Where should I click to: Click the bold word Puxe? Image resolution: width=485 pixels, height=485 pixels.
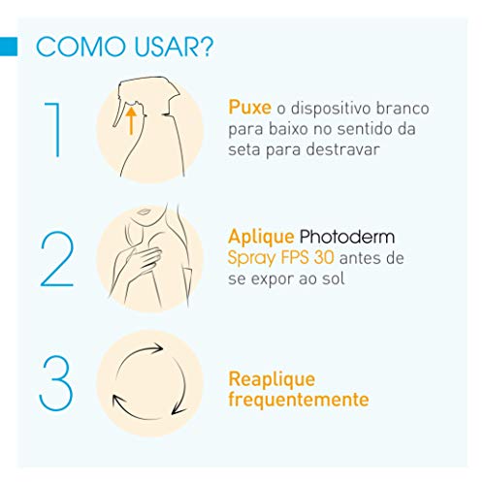(x=248, y=108)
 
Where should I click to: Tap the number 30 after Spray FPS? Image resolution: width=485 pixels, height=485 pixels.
(x=326, y=259)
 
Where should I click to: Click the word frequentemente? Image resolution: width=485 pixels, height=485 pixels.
(x=298, y=399)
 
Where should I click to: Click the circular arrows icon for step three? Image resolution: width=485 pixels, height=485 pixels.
(x=150, y=382)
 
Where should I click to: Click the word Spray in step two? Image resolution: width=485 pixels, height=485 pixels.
(x=253, y=259)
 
